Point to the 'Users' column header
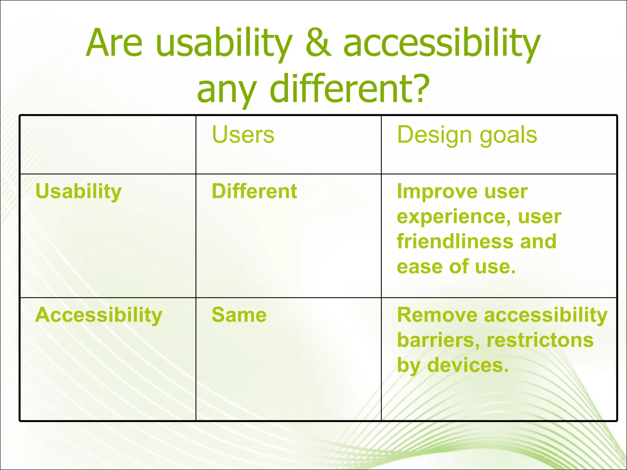pyautogui.click(x=243, y=135)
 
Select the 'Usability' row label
pyautogui.click(x=79, y=192)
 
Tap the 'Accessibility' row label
pyautogui.click(x=99, y=315)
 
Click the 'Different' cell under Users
pyautogui.click(x=254, y=192)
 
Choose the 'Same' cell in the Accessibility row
pyautogui.click(x=239, y=315)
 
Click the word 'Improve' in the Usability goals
pyautogui.click(x=436, y=192)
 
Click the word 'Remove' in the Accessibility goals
pyautogui.click(x=437, y=315)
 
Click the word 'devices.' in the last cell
pyautogui.click(x=468, y=365)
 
